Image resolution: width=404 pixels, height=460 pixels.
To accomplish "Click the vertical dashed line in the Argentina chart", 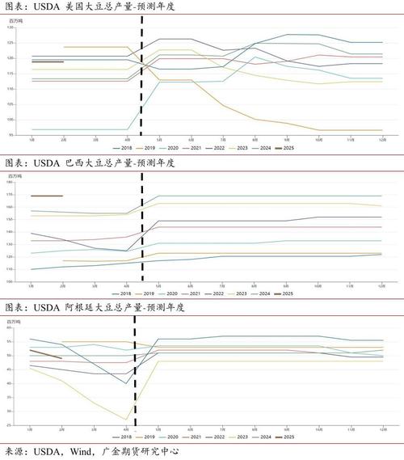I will tap(135, 372).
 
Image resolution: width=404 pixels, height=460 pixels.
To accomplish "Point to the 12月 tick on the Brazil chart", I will tap(382, 285).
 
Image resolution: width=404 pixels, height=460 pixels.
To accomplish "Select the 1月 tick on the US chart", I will tap(32, 140).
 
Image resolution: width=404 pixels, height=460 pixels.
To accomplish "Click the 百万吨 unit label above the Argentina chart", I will tap(13, 321).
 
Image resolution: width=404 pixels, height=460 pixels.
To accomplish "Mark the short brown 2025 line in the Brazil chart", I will tap(46, 196).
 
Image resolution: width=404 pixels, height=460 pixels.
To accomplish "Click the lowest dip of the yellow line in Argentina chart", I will tap(127, 420).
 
